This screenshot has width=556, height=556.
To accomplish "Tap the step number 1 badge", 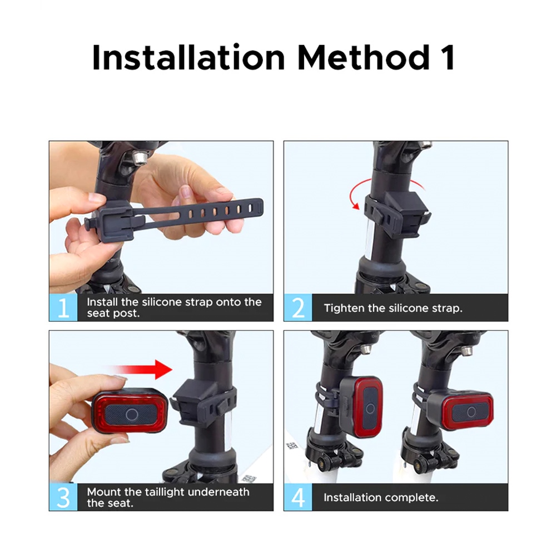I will pyautogui.click(x=63, y=307).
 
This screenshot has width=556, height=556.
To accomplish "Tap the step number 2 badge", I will pyautogui.click(x=298, y=307).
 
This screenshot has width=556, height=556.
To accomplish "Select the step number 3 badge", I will pyautogui.click(x=63, y=497).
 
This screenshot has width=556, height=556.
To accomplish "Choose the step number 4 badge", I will pyautogui.click(x=298, y=497).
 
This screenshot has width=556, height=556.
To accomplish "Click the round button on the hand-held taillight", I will pyautogui.click(x=132, y=414).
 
